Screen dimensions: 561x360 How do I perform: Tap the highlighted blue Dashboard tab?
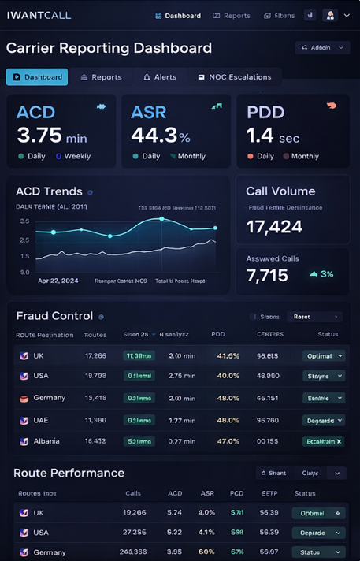pyautogui.click(x=37, y=77)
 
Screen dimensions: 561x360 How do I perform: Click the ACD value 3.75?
pyautogui.click(x=39, y=136)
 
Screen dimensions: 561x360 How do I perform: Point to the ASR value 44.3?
pyautogui.click(x=154, y=136)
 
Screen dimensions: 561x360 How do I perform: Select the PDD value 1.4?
pyautogui.click(x=260, y=136)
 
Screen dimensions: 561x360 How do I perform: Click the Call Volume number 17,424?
pyautogui.click(x=274, y=227)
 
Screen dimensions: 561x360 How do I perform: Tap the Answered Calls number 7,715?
pyautogui.click(x=267, y=275)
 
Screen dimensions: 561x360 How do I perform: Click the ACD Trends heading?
pyautogui.click(x=49, y=191)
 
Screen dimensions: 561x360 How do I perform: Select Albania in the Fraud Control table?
pyautogui.click(x=46, y=441)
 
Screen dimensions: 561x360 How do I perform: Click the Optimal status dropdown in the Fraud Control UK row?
pyautogui.click(x=323, y=355)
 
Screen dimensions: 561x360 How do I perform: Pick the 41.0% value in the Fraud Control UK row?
pyautogui.click(x=228, y=355)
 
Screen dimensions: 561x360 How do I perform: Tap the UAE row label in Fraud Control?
pyautogui.click(x=40, y=420)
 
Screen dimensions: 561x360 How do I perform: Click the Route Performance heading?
pyautogui.click(x=69, y=473)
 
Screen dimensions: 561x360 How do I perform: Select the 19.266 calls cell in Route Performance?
pyautogui.click(x=135, y=512)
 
